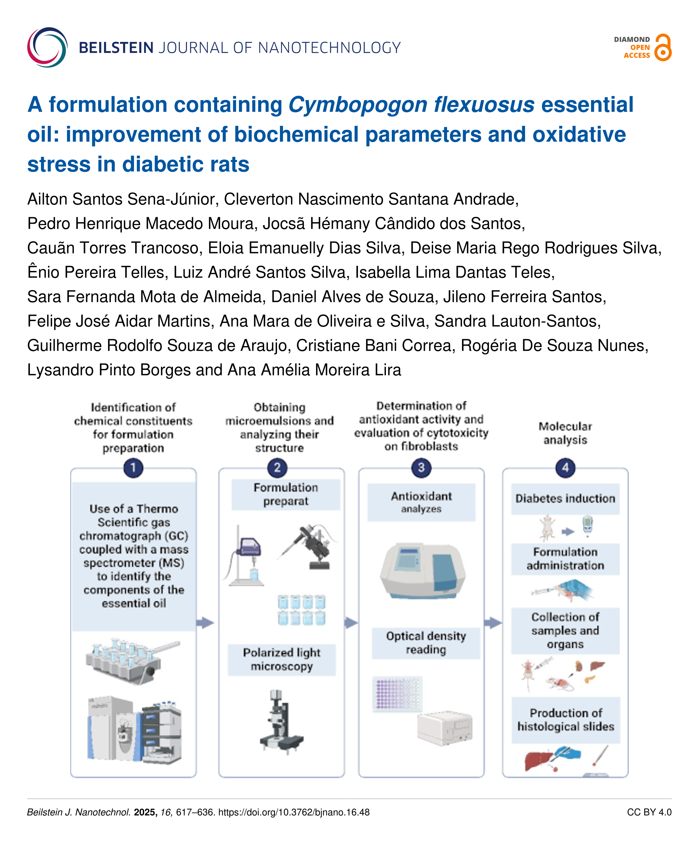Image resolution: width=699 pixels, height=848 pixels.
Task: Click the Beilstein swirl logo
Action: click(x=47, y=47)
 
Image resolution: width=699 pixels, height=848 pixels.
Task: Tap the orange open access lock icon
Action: click(x=663, y=47)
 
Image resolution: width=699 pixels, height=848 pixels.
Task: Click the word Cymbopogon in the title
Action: click(x=357, y=105)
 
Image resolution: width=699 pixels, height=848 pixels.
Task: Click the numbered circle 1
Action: click(x=133, y=468)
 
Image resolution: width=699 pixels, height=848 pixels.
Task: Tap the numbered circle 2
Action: click(x=277, y=468)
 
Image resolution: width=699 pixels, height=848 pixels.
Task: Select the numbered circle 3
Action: click(x=421, y=468)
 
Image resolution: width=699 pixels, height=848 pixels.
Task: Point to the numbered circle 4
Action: click(x=565, y=468)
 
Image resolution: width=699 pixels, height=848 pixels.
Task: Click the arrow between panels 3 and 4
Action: click(x=493, y=623)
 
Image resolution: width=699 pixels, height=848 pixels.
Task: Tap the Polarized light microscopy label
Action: click(x=282, y=659)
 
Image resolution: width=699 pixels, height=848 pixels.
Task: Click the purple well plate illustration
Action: click(x=397, y=694)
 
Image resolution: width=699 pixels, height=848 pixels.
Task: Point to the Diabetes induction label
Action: click(x=565, y=499)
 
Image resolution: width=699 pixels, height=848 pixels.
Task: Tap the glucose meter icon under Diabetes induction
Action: click(x=588, y=526)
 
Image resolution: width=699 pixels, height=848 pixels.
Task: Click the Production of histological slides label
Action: click(x=566, y=720)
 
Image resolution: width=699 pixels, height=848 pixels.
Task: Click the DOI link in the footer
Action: click(x=294, y=812)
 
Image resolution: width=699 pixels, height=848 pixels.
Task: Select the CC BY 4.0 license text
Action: click(x=649, y=812)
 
